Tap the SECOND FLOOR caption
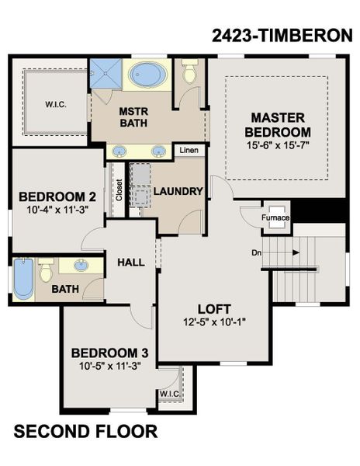pyautogui.click(x=85, y=431)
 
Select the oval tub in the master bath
pyautogui.click(x=146, y=75)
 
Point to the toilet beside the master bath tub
pyautogui.click(x=189, y=73)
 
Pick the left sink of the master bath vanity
pyautogui.click(x=121, y=151)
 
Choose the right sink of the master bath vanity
pyautogui.click(x=160, y=151)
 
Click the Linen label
pyautogui.click(x=189, y=150)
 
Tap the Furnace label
pyautogui.click(x=275, y=217)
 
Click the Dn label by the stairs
pyautogui.click(x=257, y=252)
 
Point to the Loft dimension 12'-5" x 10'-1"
pyautogui.click(x=215, y=320)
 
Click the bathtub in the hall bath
pyautogui.click(x=23, y=279)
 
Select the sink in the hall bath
pyautogui.click(x=81, y=266)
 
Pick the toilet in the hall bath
pyautogui.click(x=47, y=270)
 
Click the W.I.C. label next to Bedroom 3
pyautogui.click(x=169, y=394)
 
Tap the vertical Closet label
pyautogui.click(x=119, y=190)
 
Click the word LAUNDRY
pyautogui.click(x=178, y=191)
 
